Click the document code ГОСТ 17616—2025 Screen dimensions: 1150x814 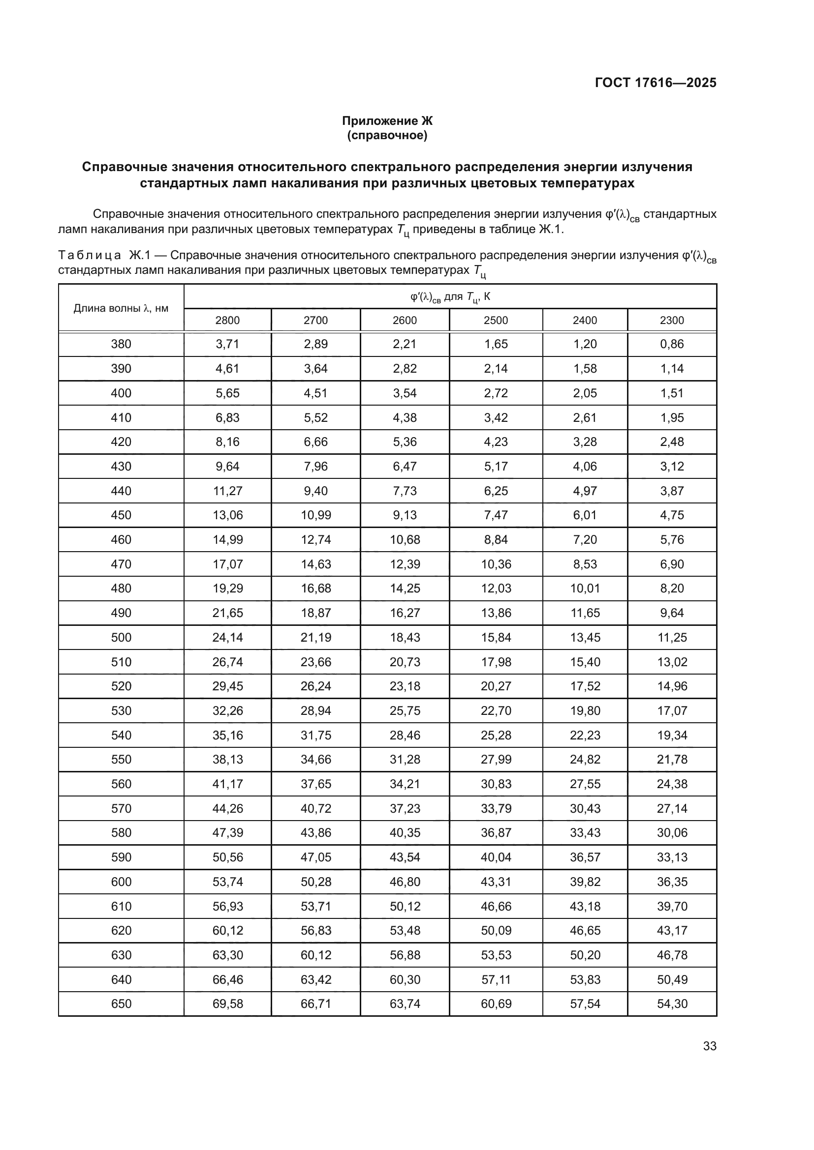pyautogui.click(x=655, y=83)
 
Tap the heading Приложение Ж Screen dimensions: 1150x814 pyautogui.click(x=387, y=121)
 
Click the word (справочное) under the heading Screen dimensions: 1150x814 pyautogui.click(x=387, y=135)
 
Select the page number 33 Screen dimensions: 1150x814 pyautogui.click(x=709, y=1046)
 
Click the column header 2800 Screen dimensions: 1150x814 pyautogui.click(x=227, y=320)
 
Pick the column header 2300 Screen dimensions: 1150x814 pyautogui.click(x=672, y=320)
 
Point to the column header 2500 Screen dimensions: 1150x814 pyautogui.click(x=496, y=320)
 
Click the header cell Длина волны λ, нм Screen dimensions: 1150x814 pyautogui.click(x=121, y=308)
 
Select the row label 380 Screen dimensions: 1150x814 pyautogui.click(x=121, y=344)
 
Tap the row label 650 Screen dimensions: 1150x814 pyautogui.click(x=121, y=1004)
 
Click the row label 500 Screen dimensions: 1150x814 pyautogui.click(x=121, y=638)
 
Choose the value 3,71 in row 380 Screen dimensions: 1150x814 pyautogui.click(x=227, y=344)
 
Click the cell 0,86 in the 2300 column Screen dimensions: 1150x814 pyautogui.click(x=672, y=344)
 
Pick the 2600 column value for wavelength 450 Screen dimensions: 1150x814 pyautogui.click(x=405, y=515)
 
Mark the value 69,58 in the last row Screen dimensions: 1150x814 pyautogui.click(x=227, y=1004)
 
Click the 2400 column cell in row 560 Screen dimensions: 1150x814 pyautogui.click(x=585, y=784)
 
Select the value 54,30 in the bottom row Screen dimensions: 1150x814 pyautogui.click(x=672, y=1004)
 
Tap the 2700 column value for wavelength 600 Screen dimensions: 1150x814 pyautogui.click(x=316, y=882)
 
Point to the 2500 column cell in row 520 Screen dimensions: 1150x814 pyautogui.click(x=496, y=686)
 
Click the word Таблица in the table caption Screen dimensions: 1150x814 pyautogui.click(x=89, y=256)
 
